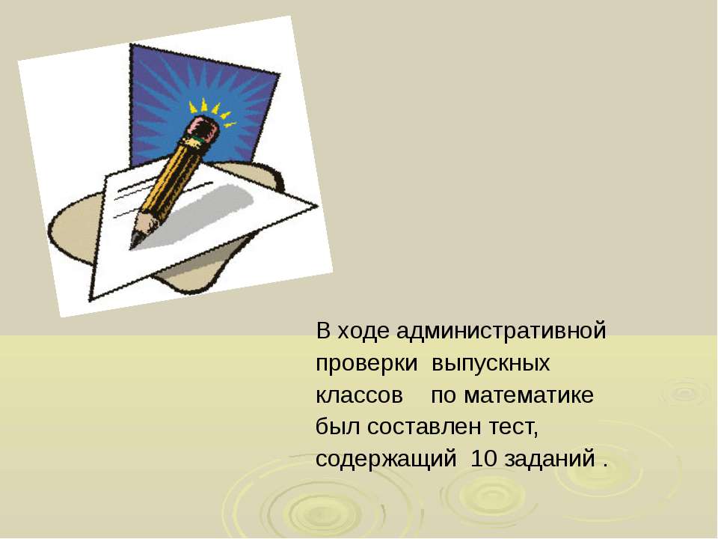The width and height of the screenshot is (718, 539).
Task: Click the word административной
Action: click(x=501, y=331)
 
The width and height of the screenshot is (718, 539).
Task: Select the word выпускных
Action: click(x=491, y=364)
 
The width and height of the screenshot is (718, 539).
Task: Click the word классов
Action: click(x=360, y=395)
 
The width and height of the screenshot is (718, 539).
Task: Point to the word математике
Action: click(x=529, y=395)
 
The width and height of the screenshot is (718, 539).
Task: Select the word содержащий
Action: click(x=386, y=459)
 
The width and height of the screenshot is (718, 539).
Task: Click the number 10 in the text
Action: click(x=484, y=458)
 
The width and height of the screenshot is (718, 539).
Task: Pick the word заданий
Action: click(x=550, y=458)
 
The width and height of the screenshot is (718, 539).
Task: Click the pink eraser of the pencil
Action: click(x=203, y=127)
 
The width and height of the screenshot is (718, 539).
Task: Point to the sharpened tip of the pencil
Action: click(x=135, y=243)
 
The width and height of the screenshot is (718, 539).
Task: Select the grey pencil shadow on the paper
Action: click(x=201, y=216)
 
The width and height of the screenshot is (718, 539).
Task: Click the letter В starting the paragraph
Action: click(x=323, y=330)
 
